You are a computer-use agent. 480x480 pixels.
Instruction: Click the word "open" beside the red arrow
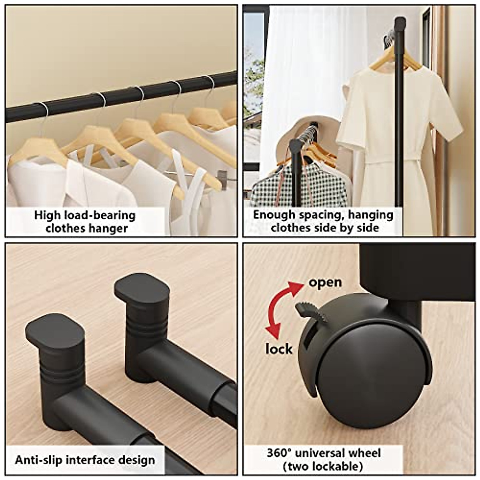click(325, 282)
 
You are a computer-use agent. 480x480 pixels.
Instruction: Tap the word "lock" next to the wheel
click(279, 349)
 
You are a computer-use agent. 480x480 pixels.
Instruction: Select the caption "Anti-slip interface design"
click(85, 460)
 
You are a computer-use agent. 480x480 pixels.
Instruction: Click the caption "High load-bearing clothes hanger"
click(85, 222)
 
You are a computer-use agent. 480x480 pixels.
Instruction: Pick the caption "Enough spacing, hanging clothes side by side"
click(323, 221)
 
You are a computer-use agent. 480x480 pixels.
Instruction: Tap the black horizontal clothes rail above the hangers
click(120, 96)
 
